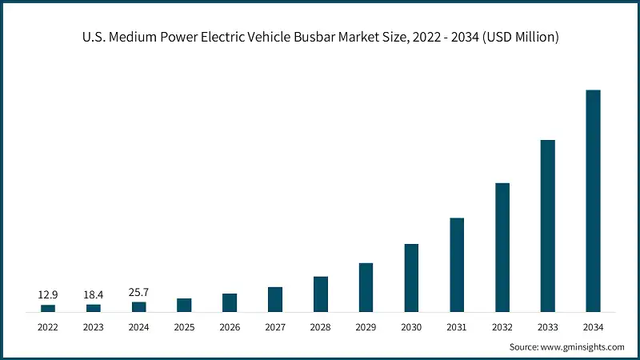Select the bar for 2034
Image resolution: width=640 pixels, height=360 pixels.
pyautogui.click(x=593, y=201)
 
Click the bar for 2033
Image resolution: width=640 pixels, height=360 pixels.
pyautogui.click(x=548, y=226)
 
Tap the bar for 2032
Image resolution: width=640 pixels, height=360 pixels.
pyautogui.click(x=502, y=248)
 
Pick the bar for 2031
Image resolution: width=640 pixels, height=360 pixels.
pyautogui.click(x=457, y=265)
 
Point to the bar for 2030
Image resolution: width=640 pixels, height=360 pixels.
pyautogui.click(x=411, y=278)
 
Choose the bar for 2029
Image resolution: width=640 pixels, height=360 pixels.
pyautogui.click(x=366, y=288)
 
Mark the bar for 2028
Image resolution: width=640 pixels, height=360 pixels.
pyautogui.click(x=321, y=294)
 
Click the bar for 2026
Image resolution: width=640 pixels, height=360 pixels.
pyautogui.click(x=230, y=303)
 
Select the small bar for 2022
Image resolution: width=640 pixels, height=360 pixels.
pyautogui.click(x=48, y=309)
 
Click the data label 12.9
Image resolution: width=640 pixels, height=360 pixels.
pyautogui.click(x=48, y=294)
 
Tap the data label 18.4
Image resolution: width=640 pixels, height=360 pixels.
pyautogui.click(x=94, y=294)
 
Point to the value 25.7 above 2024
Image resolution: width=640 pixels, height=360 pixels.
pyautogui.click(x=138, y=292)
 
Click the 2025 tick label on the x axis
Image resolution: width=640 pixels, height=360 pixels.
pyautogui.click(x=185, y=327)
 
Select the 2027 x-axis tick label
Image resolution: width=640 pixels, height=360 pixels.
pyautogui.click(x=275, y=327)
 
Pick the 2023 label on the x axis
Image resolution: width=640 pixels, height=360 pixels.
pyautogui.click(x=94, y=327)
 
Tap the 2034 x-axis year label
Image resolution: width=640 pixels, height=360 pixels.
pyautogui.click(x=593, y=327)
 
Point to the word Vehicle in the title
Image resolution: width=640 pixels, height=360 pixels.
pyautogui.click(x=269, y=37)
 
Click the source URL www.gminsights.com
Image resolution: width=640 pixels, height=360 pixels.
pyautogui.click(x=582, y=347)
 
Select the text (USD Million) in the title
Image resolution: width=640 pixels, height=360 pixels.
pyautogui.click(x=521, y=38)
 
